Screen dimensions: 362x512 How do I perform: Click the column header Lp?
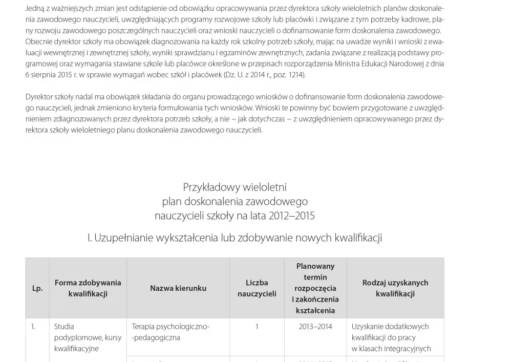coord(37,288)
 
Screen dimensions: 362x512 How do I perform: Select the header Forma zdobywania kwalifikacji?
coord(88,288)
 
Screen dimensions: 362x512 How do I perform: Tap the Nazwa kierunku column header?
coord(178,288)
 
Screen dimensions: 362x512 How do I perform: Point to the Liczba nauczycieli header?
coord(257,288)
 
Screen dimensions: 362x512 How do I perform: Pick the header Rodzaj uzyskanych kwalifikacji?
coord(395,288)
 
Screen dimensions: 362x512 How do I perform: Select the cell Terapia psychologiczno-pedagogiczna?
coord(170,332)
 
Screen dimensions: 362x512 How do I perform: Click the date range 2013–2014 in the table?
coord(315,327)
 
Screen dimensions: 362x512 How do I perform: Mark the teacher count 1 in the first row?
coord(257,327)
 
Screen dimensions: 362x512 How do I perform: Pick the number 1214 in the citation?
coord(295,75)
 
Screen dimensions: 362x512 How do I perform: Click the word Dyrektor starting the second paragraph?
coord(40,97)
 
